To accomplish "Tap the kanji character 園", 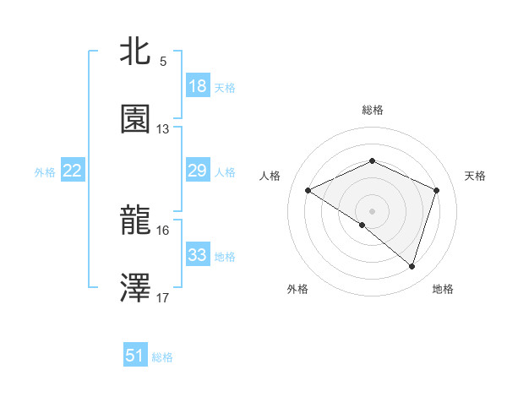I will point(135,119).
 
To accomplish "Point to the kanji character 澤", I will point(135,288).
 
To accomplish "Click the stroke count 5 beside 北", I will point(163,62).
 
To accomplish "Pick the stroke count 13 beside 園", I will point(163,129).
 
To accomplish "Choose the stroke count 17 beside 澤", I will point(163,298).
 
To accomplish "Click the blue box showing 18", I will point(197,86).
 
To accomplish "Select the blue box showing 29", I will point(197,171).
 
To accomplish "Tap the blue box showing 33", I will point(197,255).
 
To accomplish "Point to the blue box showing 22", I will point(73,171).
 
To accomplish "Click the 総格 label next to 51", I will point(162,357).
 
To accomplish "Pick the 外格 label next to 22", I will point(45,171).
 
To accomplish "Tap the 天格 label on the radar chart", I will point(475,176).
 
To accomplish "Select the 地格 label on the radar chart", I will point(443,289).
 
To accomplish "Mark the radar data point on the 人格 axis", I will point(308,191).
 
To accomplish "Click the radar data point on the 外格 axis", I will point(363,225).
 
